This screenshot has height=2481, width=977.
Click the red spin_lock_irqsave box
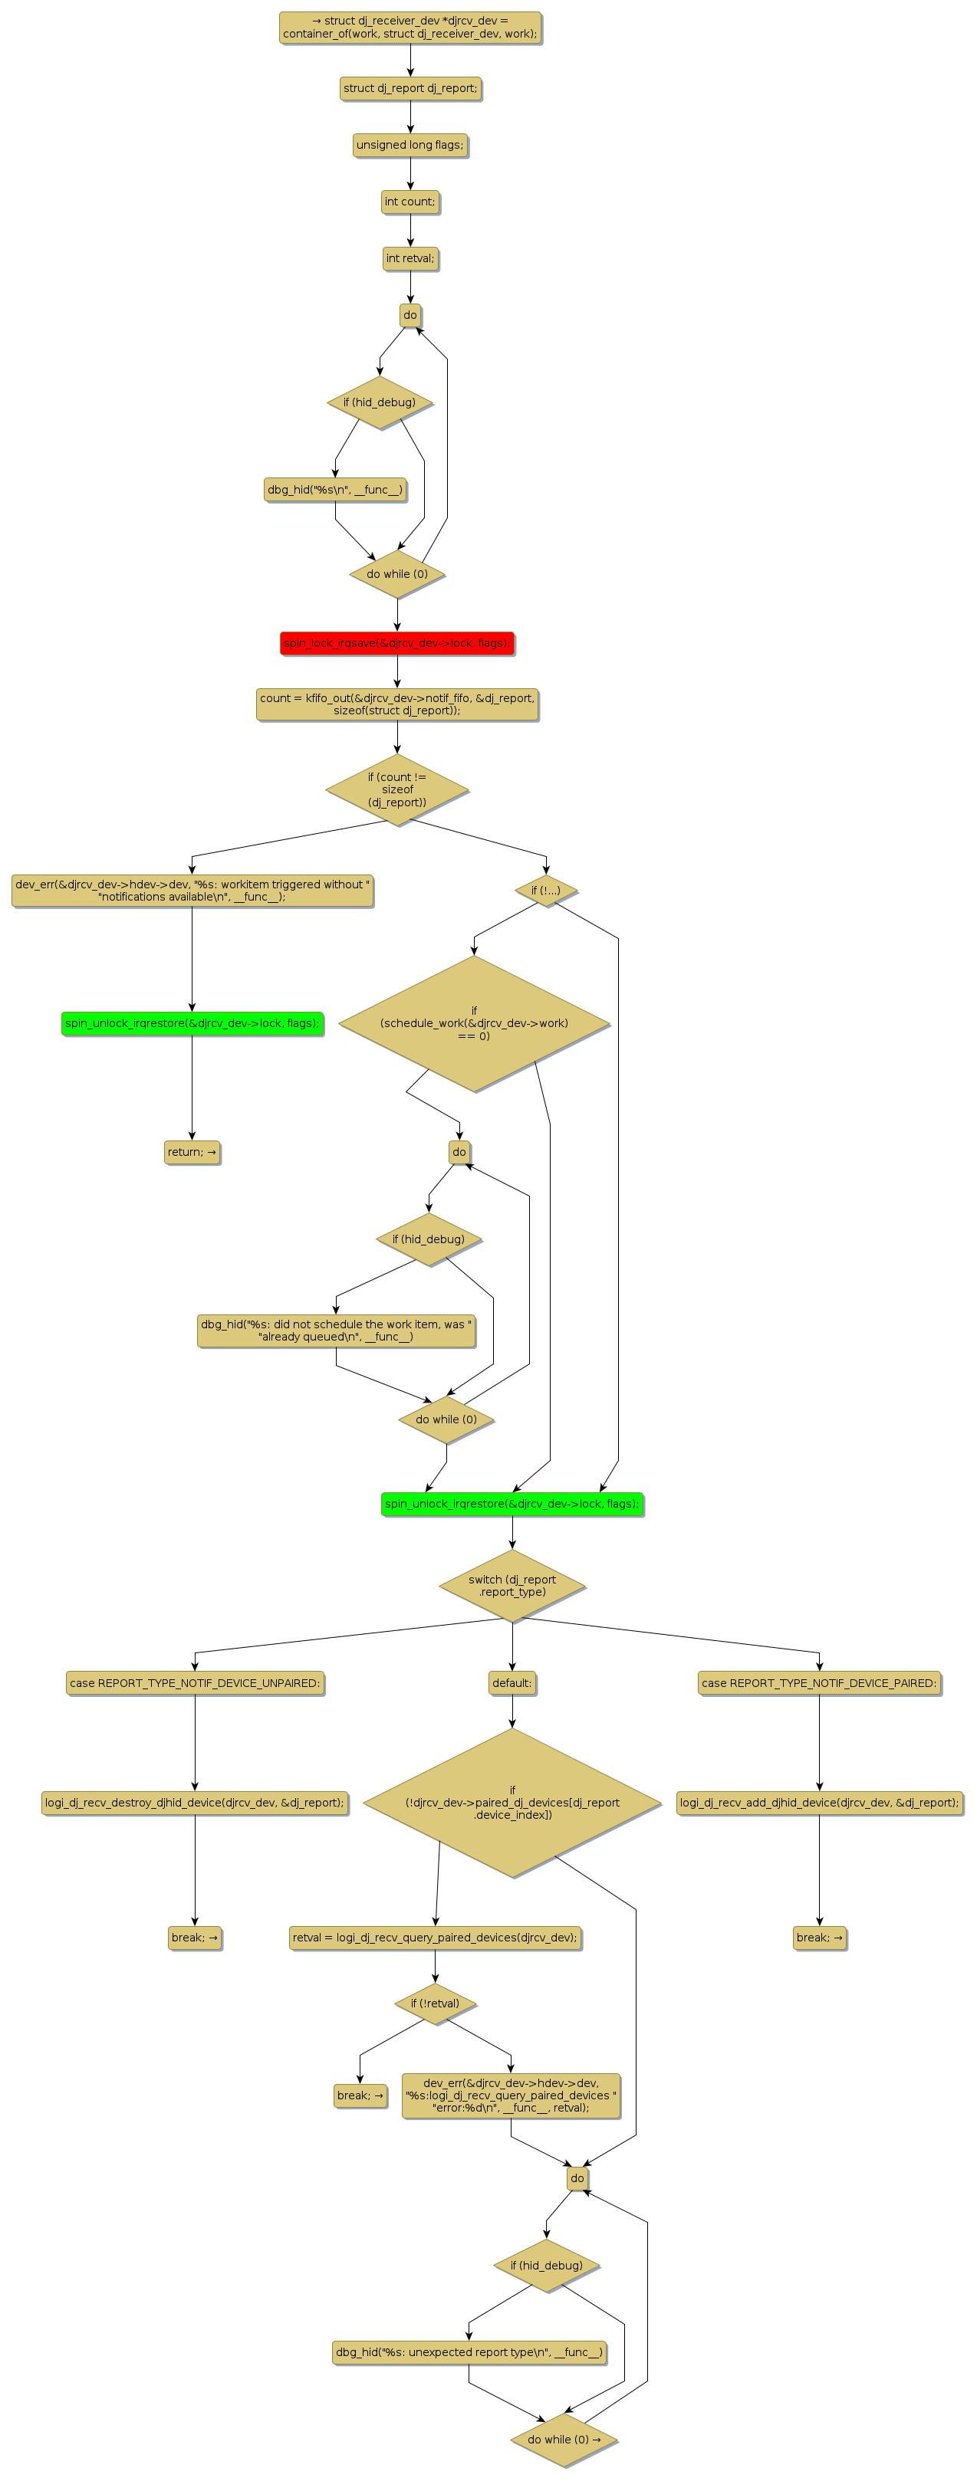click(x=397, y=643)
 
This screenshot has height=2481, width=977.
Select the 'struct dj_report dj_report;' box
click(x=410, y=89)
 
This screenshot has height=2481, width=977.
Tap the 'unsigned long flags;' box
click(x=410, y=146)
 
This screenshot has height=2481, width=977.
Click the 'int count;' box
click(x=410, y=202)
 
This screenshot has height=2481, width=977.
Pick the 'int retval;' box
click(x=410, y=259)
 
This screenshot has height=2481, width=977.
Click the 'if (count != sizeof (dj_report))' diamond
click(x=397, y=789)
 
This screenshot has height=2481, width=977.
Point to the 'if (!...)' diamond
click(x=545, y=891)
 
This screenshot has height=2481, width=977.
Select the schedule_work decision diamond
click(x=474, y=1024)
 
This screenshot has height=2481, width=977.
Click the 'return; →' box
click(x=192, y=1152)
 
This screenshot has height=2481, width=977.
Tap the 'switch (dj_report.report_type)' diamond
click(x=512, y=1585)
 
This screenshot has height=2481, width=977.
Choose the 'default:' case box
click(x=512, y=1684)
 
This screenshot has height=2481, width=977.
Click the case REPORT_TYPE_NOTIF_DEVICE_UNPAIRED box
click(x=195, y=1684)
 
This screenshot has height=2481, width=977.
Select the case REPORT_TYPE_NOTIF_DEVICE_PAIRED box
click(x=819, y=1684)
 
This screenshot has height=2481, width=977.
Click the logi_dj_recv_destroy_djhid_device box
click(x=195, y=1803)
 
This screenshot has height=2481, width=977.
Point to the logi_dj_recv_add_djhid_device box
click(x=819, y=1803)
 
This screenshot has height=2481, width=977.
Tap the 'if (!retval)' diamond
click(x=435, y=2004)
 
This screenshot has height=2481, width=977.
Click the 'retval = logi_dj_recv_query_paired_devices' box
click(x=435, y=1938)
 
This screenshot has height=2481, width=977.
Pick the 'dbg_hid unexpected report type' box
click(x=469, y=2352)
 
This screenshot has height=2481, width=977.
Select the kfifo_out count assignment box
click(x=397, y=705)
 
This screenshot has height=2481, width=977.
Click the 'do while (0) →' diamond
click(x=564, y=2440)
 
